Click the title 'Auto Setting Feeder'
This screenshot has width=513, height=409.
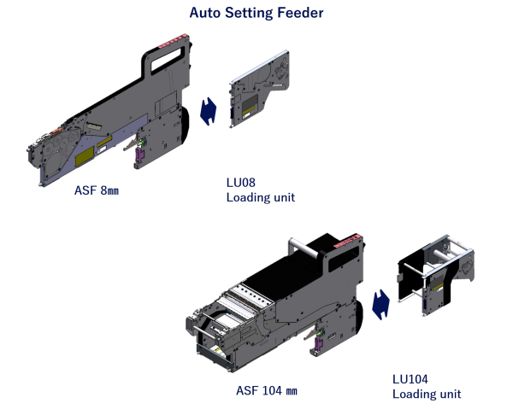pos(256,13)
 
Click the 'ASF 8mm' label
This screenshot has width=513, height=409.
pos(97,190)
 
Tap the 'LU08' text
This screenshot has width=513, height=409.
pos(241,182)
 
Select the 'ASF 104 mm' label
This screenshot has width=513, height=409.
pos(267,390)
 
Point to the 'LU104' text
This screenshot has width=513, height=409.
pos(410,379)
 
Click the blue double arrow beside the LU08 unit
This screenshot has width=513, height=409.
pos(209,111)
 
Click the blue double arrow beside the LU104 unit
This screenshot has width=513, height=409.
pos(381,305)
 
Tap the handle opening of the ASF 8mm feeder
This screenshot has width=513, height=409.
pos(167,60)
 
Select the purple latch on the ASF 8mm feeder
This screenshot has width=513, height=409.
pos(139,155)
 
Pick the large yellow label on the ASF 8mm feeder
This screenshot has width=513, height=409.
pos(85,157)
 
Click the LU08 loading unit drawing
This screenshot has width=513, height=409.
pos(259,89)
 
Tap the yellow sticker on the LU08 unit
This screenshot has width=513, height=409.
pos(251,107)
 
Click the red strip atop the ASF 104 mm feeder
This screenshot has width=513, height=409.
pos(347,241)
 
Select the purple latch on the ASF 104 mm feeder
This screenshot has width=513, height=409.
pos(318,343)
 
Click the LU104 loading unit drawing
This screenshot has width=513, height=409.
pos(436,275)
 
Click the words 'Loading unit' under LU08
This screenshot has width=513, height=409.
pos(261,197)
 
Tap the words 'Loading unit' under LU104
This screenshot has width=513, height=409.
pos(427,394)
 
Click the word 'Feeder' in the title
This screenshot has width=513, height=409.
pos(300,13)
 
